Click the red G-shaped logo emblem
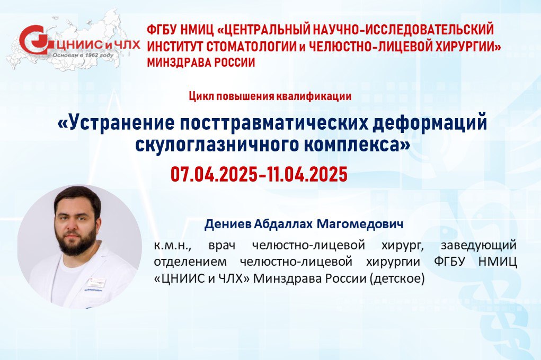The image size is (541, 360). (34, 40)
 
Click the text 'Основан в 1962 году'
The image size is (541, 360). (83, 55)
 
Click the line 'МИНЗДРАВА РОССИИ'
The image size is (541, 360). (201, 62)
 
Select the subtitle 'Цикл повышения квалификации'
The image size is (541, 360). (270, 96)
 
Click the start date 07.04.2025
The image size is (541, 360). (214, 174)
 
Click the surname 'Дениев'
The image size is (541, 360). (228, 224)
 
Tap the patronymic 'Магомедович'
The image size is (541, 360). (360, 224)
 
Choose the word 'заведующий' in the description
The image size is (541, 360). (479, 246)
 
